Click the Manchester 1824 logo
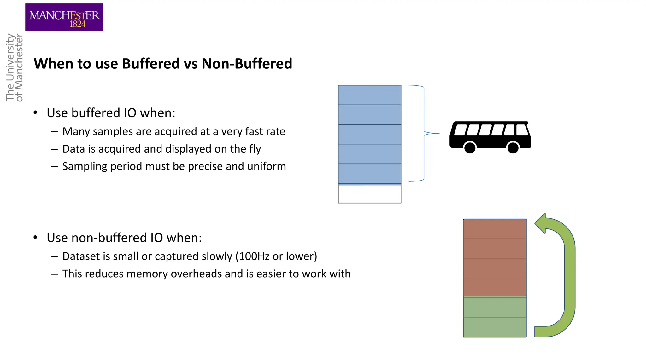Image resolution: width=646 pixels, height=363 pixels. [64, 17]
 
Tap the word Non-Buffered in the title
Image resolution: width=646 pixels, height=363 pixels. [247, 64]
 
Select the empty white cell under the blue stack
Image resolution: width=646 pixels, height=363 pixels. [369, 194]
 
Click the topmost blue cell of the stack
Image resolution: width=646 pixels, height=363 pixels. [369, 95]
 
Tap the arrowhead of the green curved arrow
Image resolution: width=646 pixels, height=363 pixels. [541, 223]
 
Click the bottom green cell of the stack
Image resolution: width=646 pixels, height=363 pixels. [495, 327]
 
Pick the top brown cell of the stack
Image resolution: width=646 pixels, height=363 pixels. [495, 229]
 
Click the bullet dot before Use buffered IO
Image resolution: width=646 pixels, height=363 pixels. [35, 112]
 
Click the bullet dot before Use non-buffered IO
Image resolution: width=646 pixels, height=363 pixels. [35, 237]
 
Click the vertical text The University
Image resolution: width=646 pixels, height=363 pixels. [10, 67]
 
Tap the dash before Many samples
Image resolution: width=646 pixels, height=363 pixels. [54, 131]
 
